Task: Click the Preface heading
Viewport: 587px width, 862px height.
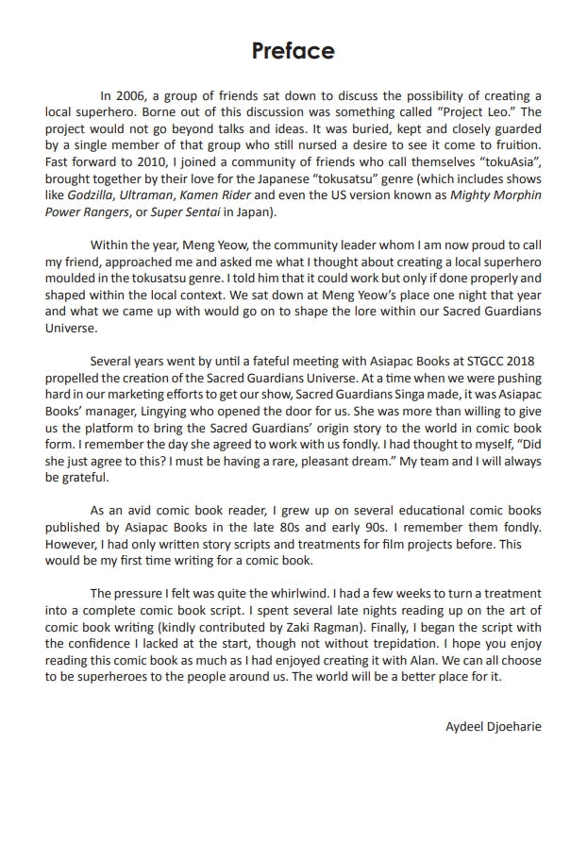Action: click(293, 50)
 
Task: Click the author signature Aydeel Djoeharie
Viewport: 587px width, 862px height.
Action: click(493, 727)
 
